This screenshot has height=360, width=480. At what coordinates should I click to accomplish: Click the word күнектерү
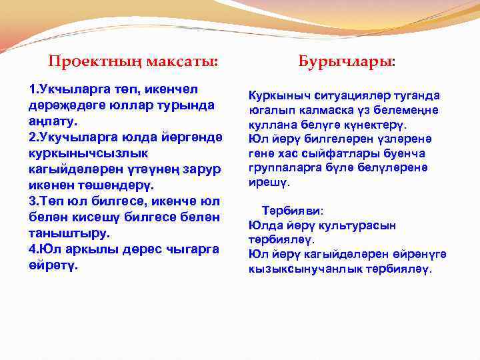(373, 125)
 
